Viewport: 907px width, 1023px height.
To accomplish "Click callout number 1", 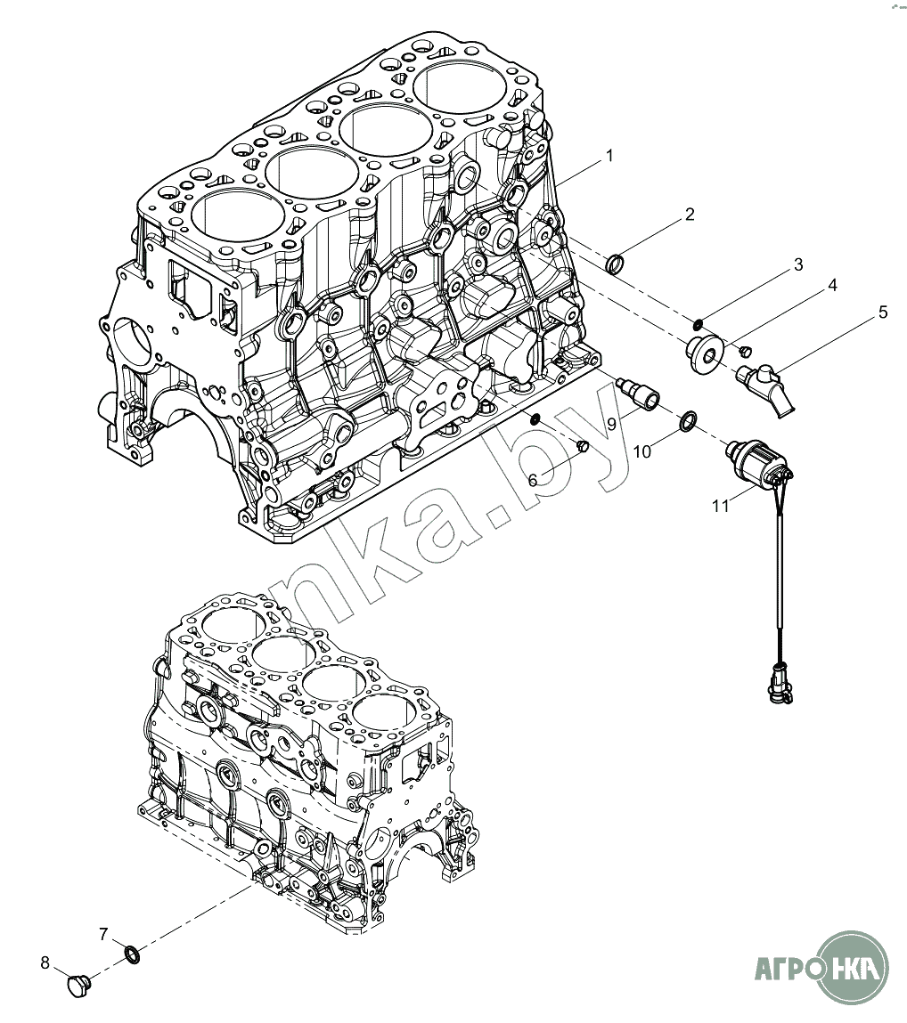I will click(609, 156).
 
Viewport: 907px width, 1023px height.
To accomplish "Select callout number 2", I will click(690, 215).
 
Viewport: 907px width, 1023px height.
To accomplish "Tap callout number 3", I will click(798, 264).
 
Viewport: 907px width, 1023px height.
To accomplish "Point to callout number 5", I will click(883, 313).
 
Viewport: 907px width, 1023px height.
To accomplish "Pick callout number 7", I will click(103, 934).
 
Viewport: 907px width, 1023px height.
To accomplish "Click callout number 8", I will click(45, 962).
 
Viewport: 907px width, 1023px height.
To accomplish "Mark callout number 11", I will click(721, 506).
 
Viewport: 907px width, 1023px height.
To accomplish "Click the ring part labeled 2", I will click(615, 264).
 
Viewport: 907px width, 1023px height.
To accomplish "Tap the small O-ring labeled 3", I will click(701, 322).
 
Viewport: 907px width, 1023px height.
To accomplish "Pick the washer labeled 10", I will click(689, 422).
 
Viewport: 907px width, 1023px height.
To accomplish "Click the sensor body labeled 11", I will click(753, 459).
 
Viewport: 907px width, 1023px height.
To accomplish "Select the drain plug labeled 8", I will click(79, 986).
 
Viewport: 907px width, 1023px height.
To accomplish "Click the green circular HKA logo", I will click(854, 966).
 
